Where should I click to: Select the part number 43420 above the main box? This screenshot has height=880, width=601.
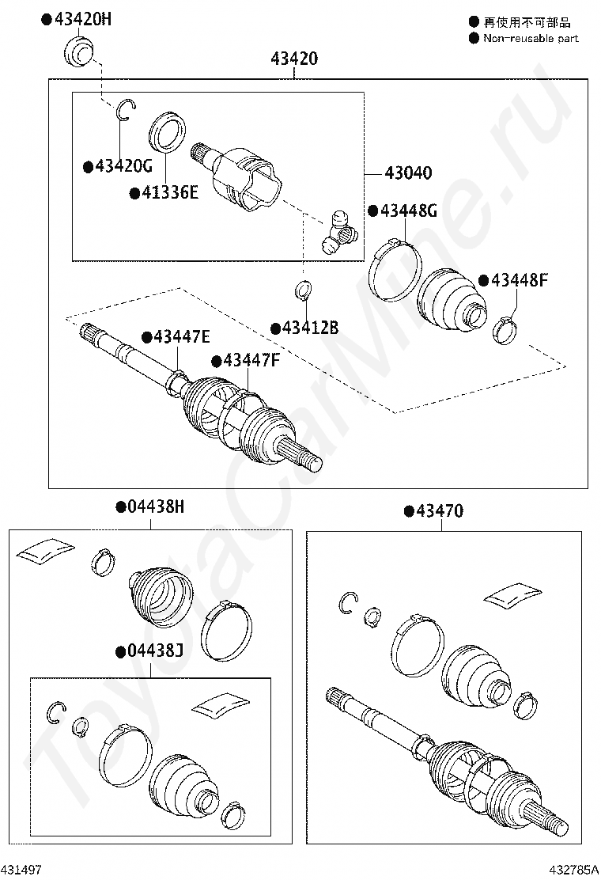pos(293,59)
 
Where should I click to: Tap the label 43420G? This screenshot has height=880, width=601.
pos(123,166)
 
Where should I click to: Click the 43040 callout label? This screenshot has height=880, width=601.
pos(408,173)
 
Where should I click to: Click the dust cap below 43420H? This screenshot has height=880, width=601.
pos(78,51)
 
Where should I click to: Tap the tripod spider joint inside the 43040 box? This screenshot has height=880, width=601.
pos(338,230)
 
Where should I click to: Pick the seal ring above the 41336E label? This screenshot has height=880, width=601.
pos(166,130)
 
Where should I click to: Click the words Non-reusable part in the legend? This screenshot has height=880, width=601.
pos(531,38)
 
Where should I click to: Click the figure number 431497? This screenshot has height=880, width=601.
pos(21,870)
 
